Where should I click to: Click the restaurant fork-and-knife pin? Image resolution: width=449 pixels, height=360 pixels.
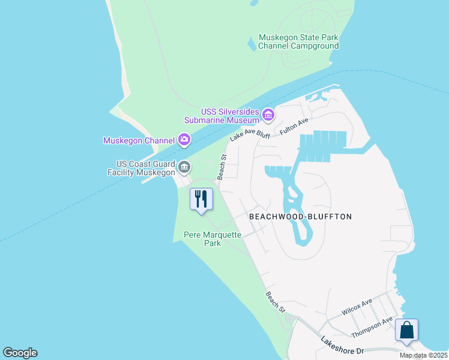[201, 199]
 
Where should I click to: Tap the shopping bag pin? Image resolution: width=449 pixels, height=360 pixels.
[406, 330]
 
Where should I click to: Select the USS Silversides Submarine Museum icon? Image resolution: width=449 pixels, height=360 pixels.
[268, 114]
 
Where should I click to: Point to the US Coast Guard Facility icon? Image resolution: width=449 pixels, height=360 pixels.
[184, 166]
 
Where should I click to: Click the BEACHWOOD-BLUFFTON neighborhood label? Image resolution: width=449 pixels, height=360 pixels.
[300, 216]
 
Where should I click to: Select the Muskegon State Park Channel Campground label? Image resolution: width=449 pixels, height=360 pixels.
[298, 41]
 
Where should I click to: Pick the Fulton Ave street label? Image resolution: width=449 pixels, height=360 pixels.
[294, 126]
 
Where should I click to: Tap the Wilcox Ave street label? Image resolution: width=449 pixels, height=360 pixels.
[357, 307]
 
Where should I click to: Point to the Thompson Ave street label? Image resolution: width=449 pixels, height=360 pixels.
[372, 326]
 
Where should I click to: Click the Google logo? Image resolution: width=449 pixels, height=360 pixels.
[20, 352]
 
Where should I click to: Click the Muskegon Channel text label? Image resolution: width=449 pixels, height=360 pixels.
[139, 141]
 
